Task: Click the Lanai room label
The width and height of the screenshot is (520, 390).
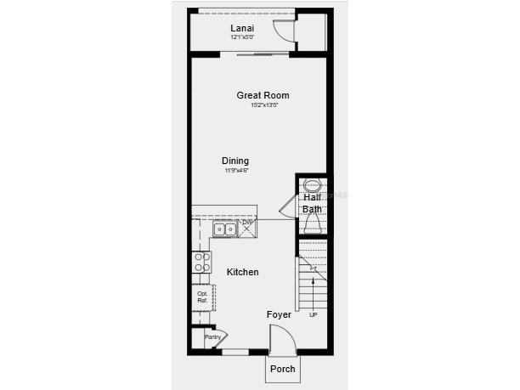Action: [x=242, y=28]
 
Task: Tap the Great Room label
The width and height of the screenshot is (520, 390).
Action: [x=263, y=95]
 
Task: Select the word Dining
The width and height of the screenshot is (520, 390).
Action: [x=235, y=161]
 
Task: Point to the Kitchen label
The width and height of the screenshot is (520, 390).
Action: [x=242, y=272]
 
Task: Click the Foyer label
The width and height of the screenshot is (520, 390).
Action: [x=279, y=314]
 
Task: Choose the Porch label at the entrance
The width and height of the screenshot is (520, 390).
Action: [x=282, y=369]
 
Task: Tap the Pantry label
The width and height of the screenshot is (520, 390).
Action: [x=212, y=337]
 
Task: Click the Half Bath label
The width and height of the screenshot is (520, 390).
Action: [x=312, y=203]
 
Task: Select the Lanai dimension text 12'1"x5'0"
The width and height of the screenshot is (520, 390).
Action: [x=243, y=37]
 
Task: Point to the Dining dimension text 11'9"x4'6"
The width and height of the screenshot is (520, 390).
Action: [x=236, y=171]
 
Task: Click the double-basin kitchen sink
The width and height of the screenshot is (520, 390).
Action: [x=225, y=229]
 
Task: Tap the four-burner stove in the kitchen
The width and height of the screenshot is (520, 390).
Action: [x=202, y=262]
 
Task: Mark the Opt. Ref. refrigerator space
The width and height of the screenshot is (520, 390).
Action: [x=202, y=297]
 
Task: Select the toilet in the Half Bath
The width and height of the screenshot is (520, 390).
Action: [x=312, y=223]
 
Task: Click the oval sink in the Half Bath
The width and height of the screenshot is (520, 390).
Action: [x=312, y=184]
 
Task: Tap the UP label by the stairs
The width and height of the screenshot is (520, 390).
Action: [x=313, y=314]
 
